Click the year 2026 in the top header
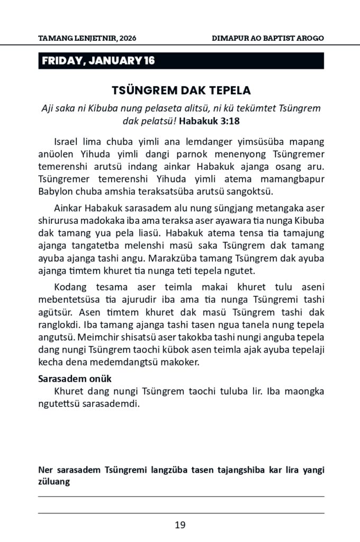coord(129,39)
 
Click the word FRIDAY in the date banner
coord(60,61)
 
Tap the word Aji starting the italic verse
coord(48,108)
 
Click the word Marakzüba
coord(173,259)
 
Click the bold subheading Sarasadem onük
coord(75,380)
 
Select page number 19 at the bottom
coord(180,525)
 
